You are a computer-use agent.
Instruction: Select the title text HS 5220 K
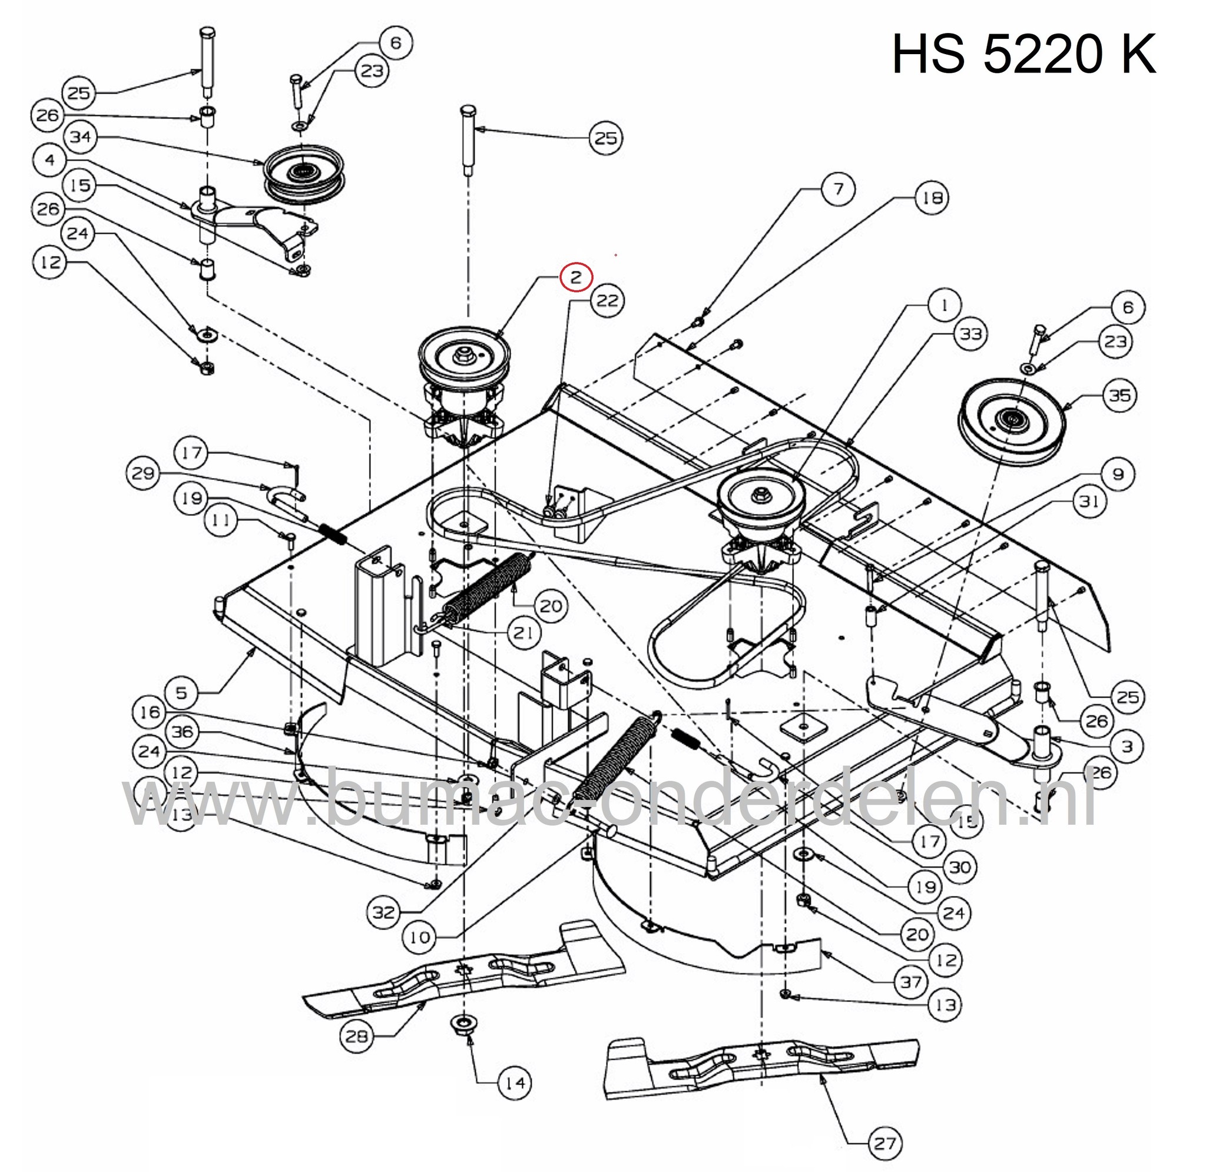point(1024,54)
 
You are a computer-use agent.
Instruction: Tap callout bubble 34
point(81,137)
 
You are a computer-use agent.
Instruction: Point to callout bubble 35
point(1120,395)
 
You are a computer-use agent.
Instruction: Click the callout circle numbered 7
point(839,188)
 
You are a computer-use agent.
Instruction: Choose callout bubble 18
point(932,198)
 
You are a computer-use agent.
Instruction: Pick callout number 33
point(971,334)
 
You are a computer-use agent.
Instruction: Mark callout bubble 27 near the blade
point(884,1143)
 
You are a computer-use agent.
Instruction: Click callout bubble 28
point(356,1036)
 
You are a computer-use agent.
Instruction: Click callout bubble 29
point(144,473)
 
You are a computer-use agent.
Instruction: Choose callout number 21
point(524,632)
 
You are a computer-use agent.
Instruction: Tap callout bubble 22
point(607,301)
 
